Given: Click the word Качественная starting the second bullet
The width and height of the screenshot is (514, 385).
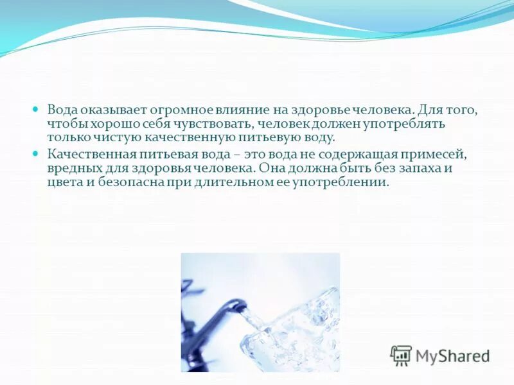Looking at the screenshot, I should pyautogui.click(x=91, y=155).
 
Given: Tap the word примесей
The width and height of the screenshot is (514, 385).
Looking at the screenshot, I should pyautogui.click(x=437, y=155).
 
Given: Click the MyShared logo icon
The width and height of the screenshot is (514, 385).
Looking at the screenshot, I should pyautogui.click(x=401, y=354).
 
